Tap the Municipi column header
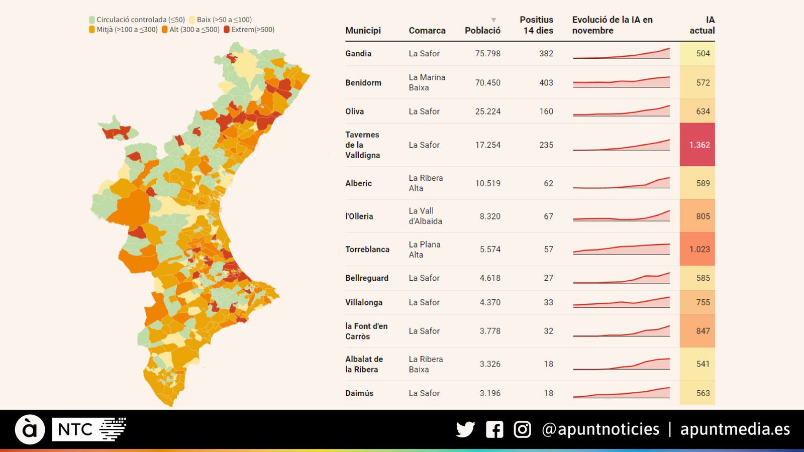click(x=363, y=31)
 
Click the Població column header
click(x=482, y=31)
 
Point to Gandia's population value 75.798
click(x=487, y=53)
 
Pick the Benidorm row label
click(x=363, y=83)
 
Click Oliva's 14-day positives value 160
click(x=546, y=111)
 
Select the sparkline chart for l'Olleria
click(x=621, y=216)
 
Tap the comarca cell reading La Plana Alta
click(x=425, y=249)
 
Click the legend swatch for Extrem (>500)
click(x=227, y=30)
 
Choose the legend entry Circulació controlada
click(x=137, y=20)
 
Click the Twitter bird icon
click(x=465, y=429)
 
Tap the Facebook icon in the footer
click(x=494, y=429)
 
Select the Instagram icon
click(x=522, y=429)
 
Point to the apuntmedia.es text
click(x=735, y=429)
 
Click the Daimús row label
click(x=359, y=393)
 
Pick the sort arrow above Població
click(x=493, y=20)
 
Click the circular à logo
click(x=30, y=429)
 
